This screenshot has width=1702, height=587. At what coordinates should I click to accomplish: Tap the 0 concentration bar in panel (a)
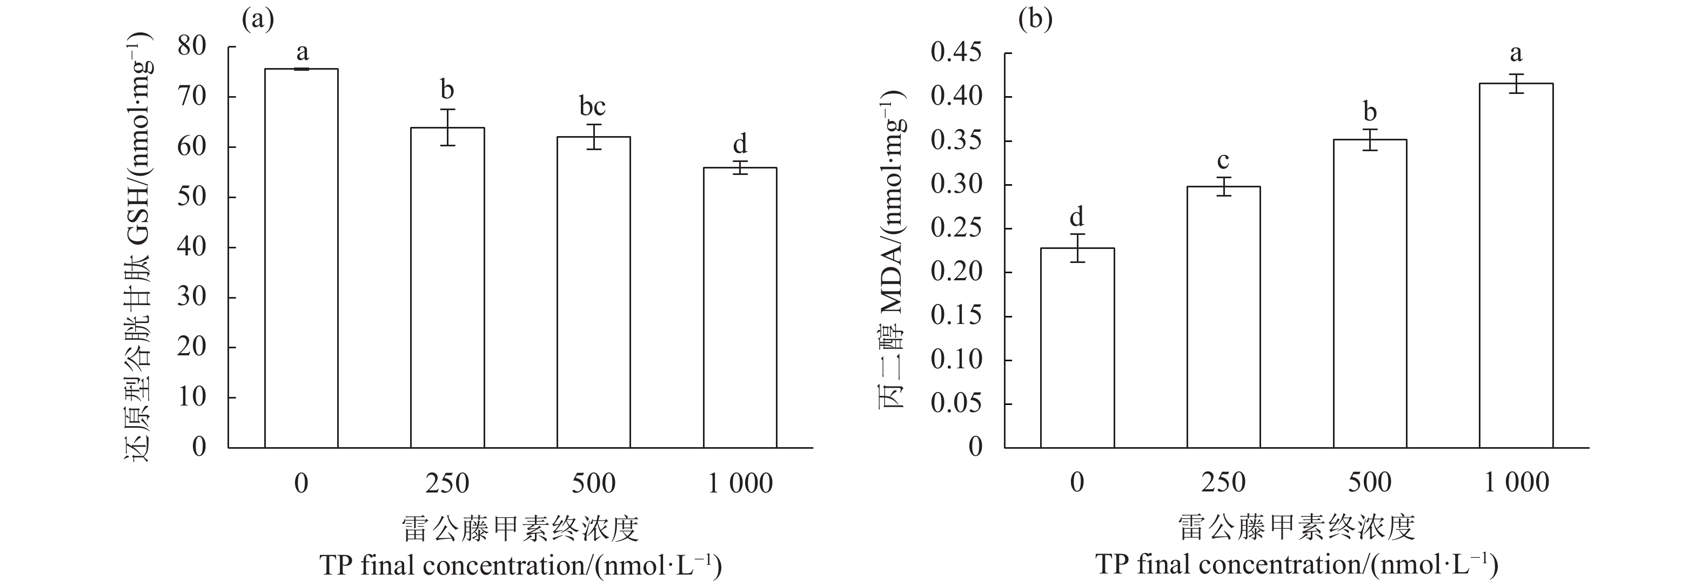(301, 258)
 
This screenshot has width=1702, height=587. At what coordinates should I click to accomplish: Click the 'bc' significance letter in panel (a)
(592, 106)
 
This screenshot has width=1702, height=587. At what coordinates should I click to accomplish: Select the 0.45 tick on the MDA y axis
(956, 52)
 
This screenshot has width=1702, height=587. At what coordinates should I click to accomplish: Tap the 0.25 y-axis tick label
(956, 228)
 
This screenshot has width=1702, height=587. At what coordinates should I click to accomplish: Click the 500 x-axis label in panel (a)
(593, 484)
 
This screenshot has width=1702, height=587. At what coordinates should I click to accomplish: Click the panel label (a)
(258, 21)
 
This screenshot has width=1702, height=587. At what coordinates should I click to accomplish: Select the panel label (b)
(1035, 21)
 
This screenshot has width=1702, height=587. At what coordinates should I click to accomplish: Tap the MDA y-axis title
(892, 251)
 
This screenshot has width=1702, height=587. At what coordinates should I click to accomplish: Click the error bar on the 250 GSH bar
(447, 127)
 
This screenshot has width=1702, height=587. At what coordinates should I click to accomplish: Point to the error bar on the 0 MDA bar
(1077, 248)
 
